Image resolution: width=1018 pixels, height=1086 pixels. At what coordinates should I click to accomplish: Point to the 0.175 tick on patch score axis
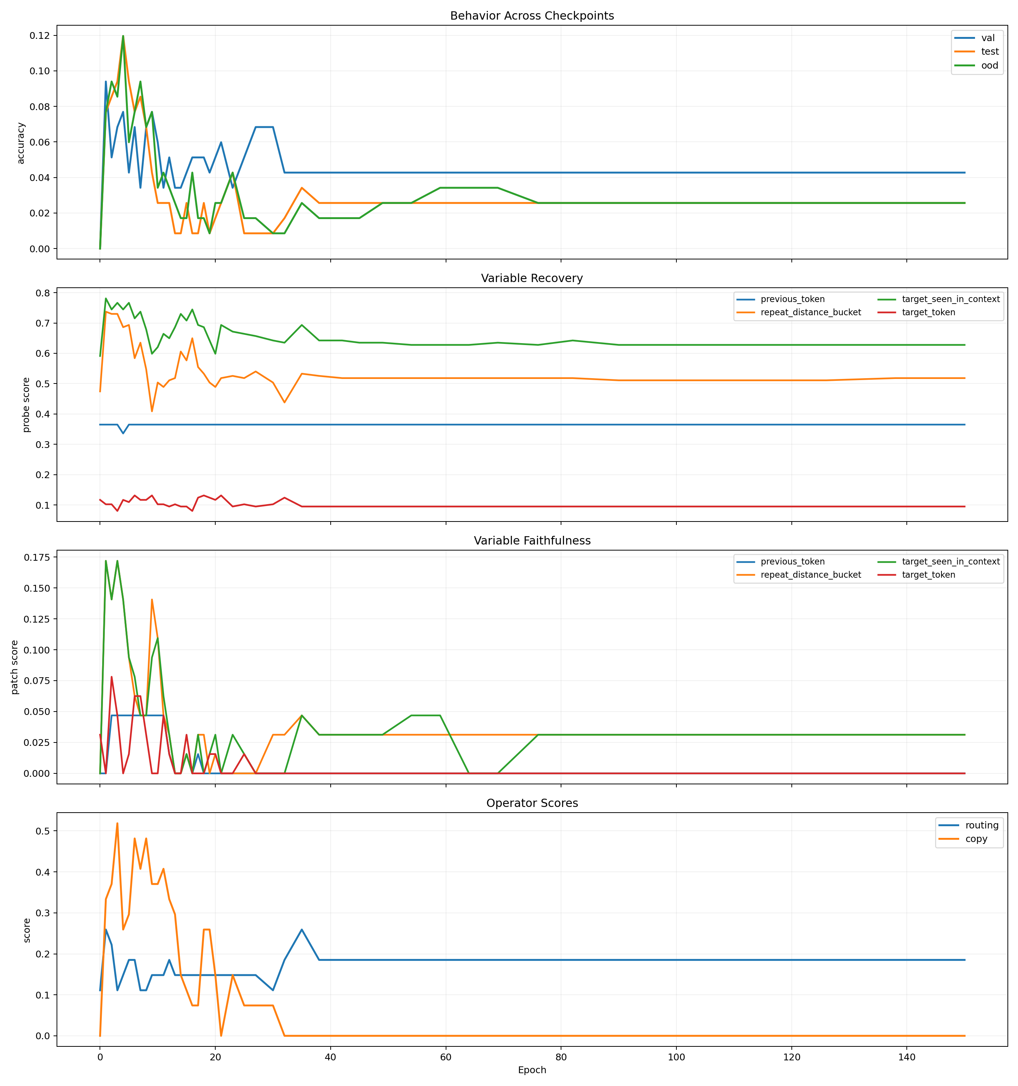click(37, 557)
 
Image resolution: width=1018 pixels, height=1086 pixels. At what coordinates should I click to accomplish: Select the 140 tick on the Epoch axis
click(907, 1057)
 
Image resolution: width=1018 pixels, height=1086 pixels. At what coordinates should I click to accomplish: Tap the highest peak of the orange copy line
click(117, 823)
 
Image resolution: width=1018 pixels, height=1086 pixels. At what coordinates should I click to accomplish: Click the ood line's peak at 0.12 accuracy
click(123, 36)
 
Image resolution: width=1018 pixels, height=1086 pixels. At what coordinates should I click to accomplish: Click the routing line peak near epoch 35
click(302, 929)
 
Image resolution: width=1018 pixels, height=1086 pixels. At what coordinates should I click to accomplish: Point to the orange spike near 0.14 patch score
click(152, 600)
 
